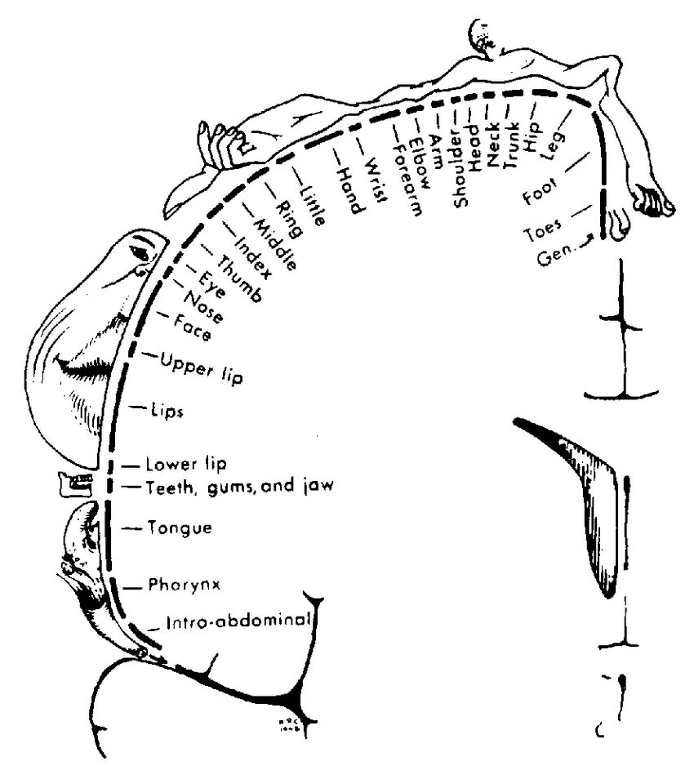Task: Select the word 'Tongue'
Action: click(180, 528)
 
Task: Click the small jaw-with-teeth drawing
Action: click(74, 484)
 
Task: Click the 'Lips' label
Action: click(167, 411)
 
